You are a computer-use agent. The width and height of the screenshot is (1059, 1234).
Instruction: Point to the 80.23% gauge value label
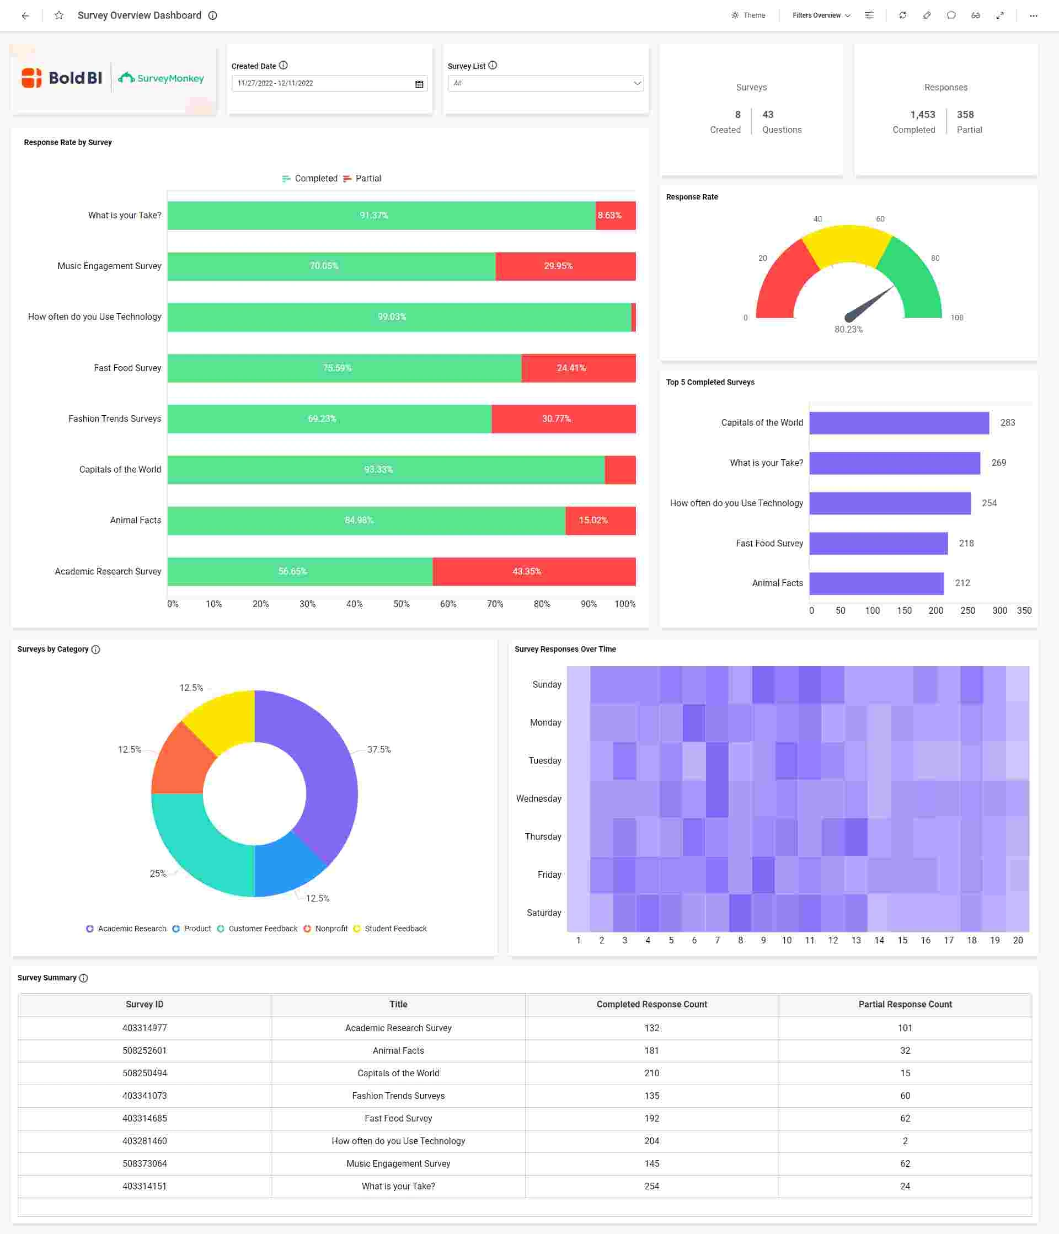(848, 329)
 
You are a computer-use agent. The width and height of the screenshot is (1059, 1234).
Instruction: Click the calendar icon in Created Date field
(419, 84)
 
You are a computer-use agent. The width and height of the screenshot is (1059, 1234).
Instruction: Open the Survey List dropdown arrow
(637, 83)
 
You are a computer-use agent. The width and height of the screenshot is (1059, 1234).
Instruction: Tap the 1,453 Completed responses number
(922, 114)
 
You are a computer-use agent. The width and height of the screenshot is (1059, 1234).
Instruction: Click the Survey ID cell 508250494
(145, 1073)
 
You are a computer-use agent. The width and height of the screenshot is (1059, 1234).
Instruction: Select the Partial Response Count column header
(904, 1005)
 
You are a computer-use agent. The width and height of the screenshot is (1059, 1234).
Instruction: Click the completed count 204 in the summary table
(651, 1141)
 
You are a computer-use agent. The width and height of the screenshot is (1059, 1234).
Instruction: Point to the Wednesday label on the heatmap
(538, 798)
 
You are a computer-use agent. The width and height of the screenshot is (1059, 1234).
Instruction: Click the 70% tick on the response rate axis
(494, 604)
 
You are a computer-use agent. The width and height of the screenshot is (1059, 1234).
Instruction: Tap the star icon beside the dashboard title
(59, 15)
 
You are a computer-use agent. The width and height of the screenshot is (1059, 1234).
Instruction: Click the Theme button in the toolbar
(748, 15)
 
